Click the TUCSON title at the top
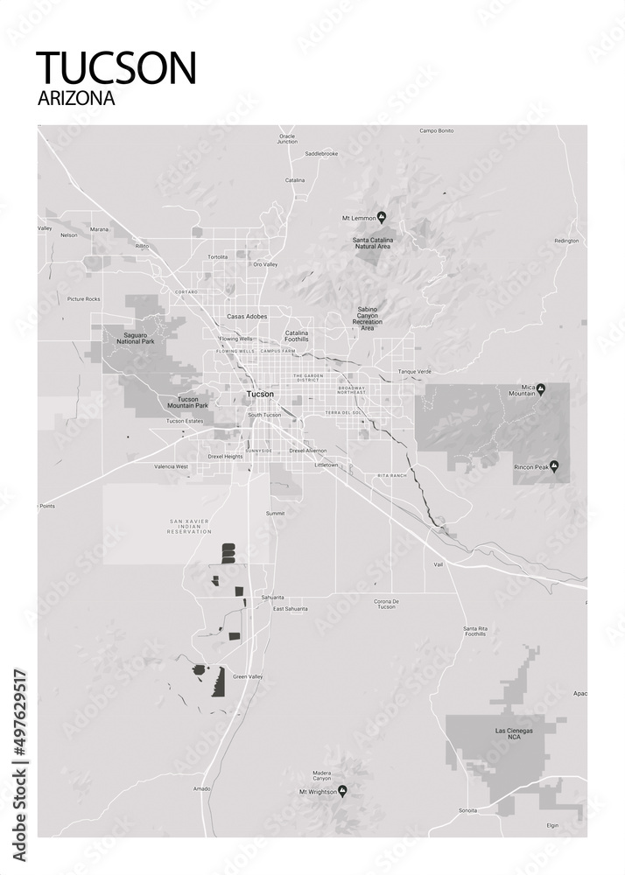116,67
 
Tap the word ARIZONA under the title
76,99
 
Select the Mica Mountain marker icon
541,388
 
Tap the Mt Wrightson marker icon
343,791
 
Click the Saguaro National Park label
128,338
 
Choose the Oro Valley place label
264,264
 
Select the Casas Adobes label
247,316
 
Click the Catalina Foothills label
297,336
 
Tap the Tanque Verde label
415,371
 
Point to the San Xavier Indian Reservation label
191,526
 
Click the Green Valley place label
248,676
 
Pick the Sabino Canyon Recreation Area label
368,318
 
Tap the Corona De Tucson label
386,604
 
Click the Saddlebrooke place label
321,153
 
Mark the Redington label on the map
566,240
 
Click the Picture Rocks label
84,298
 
